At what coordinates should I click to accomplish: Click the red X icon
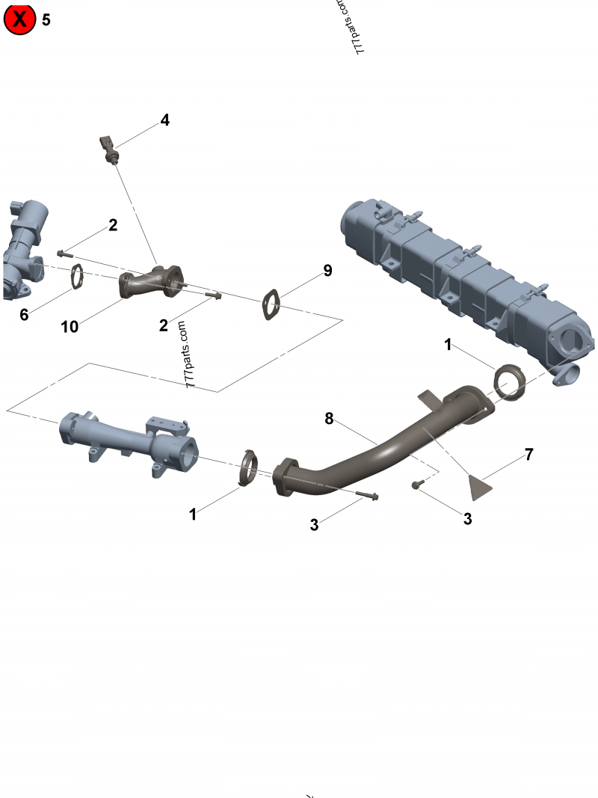20,19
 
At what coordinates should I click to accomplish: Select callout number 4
164,120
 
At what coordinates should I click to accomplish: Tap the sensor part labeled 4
108,147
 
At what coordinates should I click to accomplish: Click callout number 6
24,315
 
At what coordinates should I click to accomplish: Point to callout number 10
70,328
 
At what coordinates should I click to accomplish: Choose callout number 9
327,271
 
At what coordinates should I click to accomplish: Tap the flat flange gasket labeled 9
271,305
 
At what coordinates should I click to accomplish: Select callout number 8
329,419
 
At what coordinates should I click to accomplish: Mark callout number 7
528,454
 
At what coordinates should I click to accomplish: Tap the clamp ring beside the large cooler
511,380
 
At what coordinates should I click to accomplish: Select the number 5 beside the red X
46,20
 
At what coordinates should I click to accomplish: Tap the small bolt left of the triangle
417,485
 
